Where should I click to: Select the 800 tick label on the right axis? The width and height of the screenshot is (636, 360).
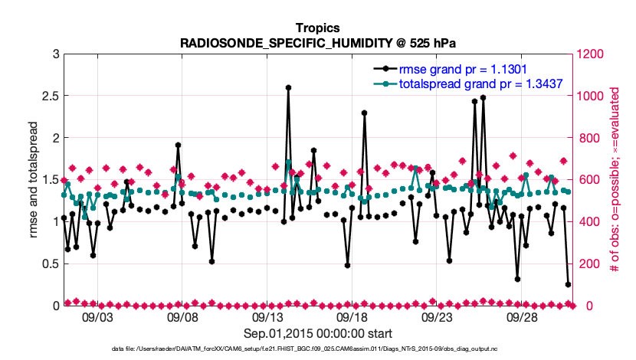point(586,138)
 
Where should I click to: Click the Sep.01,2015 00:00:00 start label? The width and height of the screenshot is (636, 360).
point(318,333)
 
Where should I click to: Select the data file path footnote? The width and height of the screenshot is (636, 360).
point(318,349)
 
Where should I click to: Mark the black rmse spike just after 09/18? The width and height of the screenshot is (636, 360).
point(365,113)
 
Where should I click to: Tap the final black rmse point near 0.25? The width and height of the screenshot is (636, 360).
point(568,284)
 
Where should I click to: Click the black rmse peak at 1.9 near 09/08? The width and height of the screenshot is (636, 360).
point(178,145)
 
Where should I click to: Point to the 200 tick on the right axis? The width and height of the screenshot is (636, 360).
point(586,263)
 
